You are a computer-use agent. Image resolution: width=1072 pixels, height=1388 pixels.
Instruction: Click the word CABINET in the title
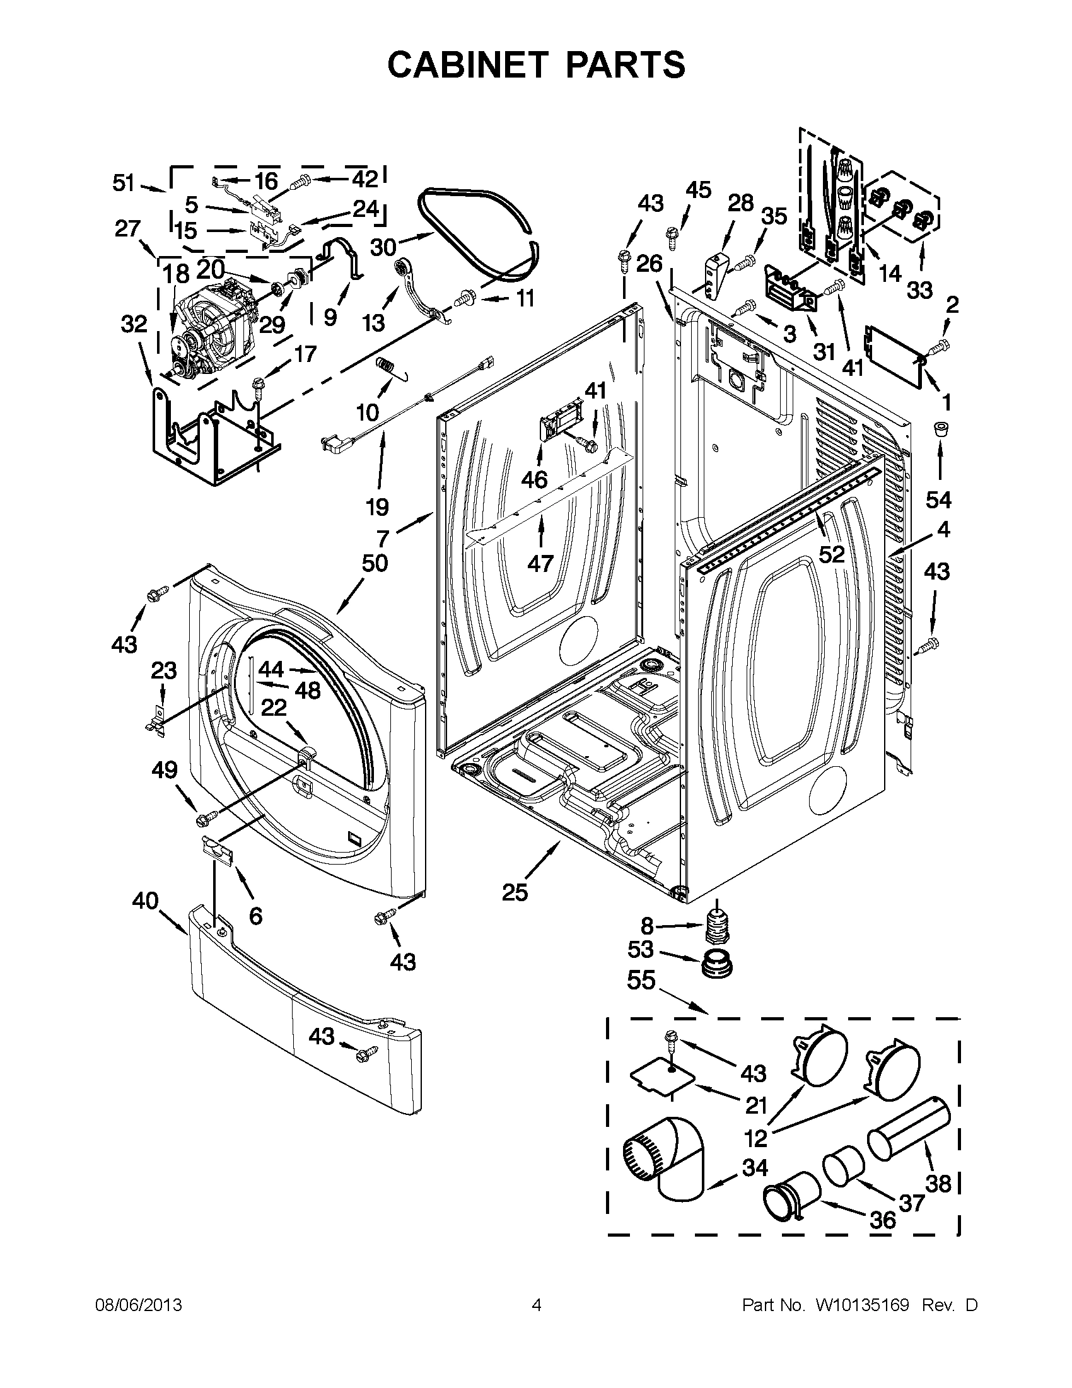pyautogui.click(x=467, y=65)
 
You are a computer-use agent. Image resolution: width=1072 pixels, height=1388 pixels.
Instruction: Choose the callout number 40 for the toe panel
pyautogui.click(x=145, y=901)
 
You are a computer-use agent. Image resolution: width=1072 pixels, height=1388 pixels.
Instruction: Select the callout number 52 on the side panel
pyautogui.click(x=832, y=554)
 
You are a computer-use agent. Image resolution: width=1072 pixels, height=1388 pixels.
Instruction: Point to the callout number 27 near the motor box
pyautogui.click(x=127, y=228)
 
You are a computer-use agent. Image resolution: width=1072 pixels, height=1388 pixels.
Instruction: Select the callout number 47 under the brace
pyautogui.click(x=540, y=563)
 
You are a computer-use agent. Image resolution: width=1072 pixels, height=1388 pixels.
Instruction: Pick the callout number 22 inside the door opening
pyautogui.click(x=274, y=707)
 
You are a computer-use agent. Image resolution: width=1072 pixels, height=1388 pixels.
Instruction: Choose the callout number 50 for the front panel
pyautogui.click(x=375, y=563)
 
